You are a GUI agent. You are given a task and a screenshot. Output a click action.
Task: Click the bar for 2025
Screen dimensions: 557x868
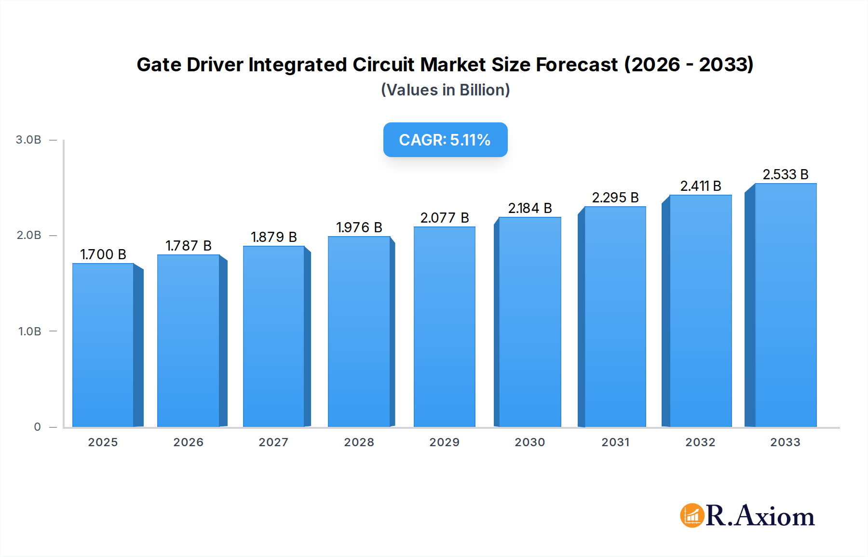click(x=103, y=345)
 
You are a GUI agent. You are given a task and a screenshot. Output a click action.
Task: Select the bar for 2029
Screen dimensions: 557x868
click(x=444, y=327)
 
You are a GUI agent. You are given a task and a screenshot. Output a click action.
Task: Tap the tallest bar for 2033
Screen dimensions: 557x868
click(x=786, y=305)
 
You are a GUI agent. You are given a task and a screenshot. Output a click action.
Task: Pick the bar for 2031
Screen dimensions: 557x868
click(x=615, y=317)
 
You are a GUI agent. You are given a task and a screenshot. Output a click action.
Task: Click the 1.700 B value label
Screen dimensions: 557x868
click(x=103, y=254)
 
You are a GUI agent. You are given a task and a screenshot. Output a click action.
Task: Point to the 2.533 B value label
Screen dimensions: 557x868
click(x=785, y=174)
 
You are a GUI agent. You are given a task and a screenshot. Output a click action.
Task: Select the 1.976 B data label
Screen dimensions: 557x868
click(x=359, y=227)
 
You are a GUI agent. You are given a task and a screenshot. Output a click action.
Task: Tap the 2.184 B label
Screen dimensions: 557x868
click(x=529, y=208)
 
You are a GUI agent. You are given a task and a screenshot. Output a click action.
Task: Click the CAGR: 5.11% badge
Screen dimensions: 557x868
click(x=445, y=140)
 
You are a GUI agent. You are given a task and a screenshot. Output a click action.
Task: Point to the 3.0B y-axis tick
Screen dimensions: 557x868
click(x=28, y=140)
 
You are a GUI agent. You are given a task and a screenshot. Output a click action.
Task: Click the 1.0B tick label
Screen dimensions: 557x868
click(x=29, y=332)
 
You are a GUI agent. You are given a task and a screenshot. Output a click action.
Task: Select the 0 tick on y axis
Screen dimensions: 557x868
click(x=37, y=427)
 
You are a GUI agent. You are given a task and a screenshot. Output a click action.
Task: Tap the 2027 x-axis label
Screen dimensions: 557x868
click(x=273, y=442)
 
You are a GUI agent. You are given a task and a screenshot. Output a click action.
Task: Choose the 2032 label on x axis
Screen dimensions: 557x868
click(x=700, y=442)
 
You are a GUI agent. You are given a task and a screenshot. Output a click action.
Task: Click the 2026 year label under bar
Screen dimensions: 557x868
click(x=188, y=442)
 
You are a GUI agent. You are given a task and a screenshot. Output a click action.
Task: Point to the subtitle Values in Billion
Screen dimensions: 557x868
click(x=445, y=90)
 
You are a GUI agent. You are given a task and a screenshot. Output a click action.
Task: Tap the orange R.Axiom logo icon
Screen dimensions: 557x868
click(x=692, y=516)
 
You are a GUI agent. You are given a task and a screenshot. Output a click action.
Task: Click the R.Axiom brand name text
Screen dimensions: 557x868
click(x=760, y=516)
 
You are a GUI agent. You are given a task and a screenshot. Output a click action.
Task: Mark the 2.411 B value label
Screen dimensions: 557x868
click(x=700, y=186)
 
